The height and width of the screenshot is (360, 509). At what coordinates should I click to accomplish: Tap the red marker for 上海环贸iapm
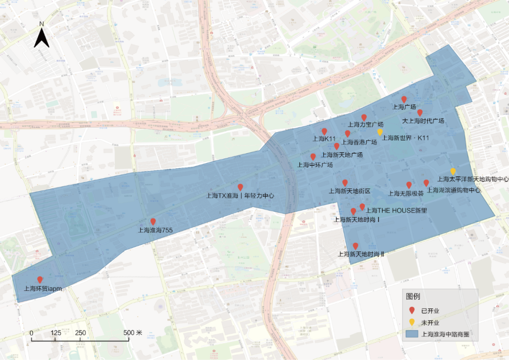click(40, 280)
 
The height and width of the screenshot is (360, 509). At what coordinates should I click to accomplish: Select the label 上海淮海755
click(155, 230)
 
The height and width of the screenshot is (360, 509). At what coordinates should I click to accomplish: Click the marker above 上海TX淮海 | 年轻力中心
click(240, 187)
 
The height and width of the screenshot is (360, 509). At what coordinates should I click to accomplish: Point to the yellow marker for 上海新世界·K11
click(380, 132)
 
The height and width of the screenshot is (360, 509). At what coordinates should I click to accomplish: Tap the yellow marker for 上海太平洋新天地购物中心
click(453, 171)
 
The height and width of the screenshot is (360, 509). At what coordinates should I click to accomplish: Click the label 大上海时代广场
click(423, 121)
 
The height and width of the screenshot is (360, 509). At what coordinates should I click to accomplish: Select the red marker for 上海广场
click(404, 99)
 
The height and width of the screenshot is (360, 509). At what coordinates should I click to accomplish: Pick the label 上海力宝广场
click(365, 125)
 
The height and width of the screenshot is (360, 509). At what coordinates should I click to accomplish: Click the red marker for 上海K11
click(324, 131)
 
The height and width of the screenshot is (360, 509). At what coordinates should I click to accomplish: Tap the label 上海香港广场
click(359, 142)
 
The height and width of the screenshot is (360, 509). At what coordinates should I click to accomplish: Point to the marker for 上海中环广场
click(313, 156)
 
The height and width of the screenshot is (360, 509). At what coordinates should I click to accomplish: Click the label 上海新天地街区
click(350, 191)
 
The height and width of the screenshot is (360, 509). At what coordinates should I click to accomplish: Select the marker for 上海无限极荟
click(409, 185)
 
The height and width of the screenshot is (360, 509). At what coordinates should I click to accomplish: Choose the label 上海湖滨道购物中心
click(453, 191)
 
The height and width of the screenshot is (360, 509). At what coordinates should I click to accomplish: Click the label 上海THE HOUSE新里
click(396, 211)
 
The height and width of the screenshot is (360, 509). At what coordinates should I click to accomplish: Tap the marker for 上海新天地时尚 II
click(355, 246)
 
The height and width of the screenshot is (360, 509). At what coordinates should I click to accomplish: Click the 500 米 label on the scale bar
click(133, 333)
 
